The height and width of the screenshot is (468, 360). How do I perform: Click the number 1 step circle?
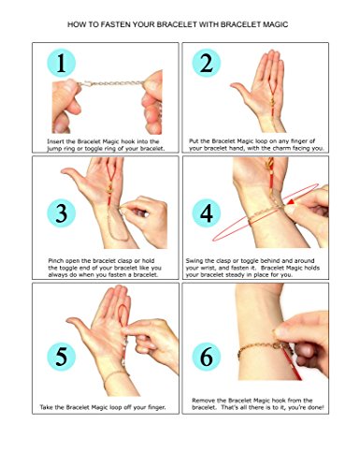click(62, 63)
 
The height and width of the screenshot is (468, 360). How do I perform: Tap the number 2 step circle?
click(207, 63)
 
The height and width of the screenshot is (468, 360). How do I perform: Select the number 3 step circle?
click(62, 213)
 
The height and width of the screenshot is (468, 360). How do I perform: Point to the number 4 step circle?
click(207, 213)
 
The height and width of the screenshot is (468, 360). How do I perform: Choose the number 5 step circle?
click(62, 357)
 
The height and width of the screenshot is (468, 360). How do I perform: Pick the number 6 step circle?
click(207, 357)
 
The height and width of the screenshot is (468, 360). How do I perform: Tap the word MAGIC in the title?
click(276, 24)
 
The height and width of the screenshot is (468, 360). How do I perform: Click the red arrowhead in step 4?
click(290, 202)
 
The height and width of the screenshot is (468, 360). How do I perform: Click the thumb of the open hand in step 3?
click(72, 174)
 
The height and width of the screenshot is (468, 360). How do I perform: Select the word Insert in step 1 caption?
click(55, 141)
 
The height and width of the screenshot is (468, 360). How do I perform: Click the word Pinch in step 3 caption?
click(56, 261)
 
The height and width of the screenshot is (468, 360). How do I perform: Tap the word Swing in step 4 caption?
click(194, 261)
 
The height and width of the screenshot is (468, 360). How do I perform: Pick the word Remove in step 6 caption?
click(203, 401)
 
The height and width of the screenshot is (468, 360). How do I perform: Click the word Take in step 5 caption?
click(46, 407)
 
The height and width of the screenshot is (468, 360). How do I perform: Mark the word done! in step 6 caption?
click(317, 407)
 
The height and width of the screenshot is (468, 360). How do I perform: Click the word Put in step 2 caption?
click(194, 141)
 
